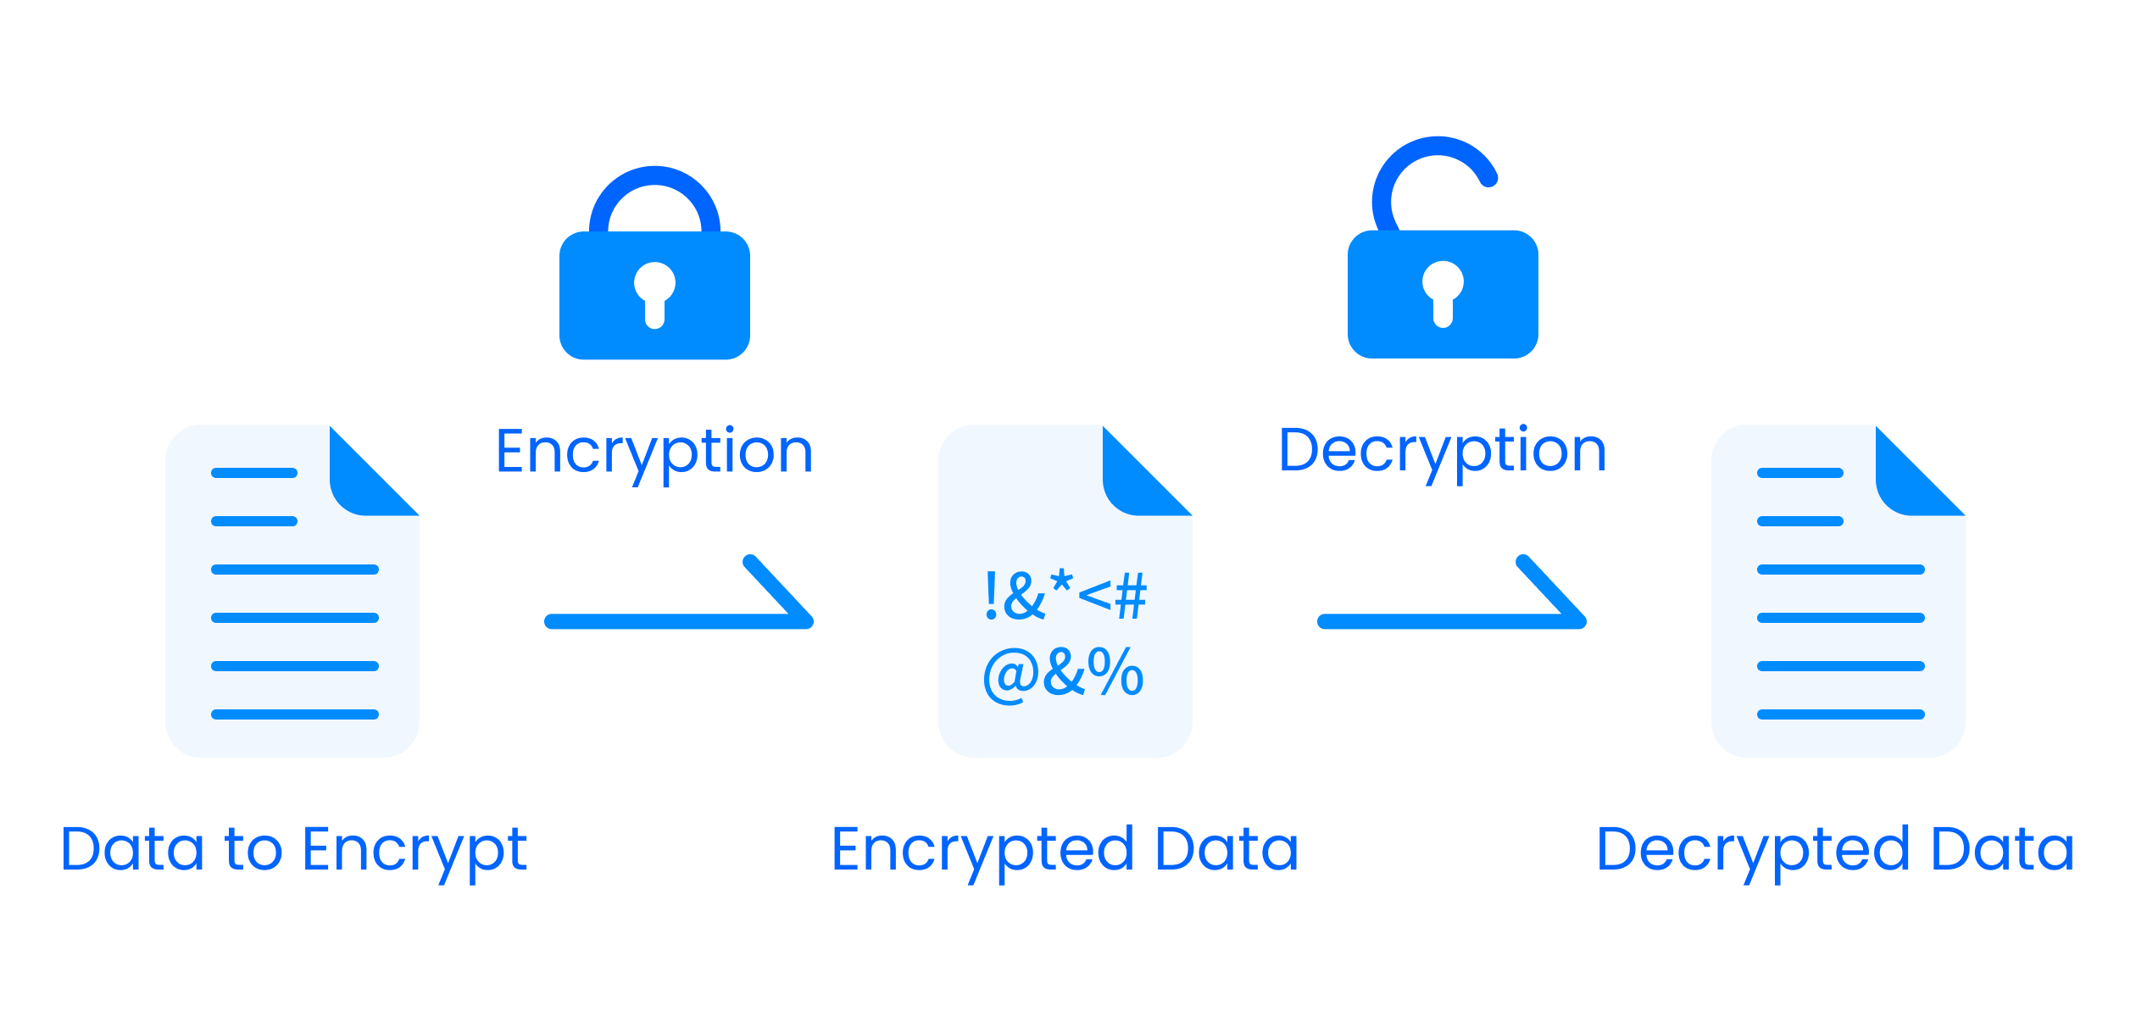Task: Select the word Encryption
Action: pyautogui.click(x=654, y=452)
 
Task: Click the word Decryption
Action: pyautogui.click(x=1442, y=452)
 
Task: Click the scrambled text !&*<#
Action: pyautogui.click(x=1065, y=595)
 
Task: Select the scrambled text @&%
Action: pyautogui.click(x=1064, y=674)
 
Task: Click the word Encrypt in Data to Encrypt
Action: pyautogui.click(x=414, y=850)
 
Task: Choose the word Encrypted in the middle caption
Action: pyautogui.click(x=982, y=850)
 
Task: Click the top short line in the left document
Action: pyautogui.click(x=254, y=473)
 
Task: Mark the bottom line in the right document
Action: pyautogui.click(x=1841, y=714)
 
